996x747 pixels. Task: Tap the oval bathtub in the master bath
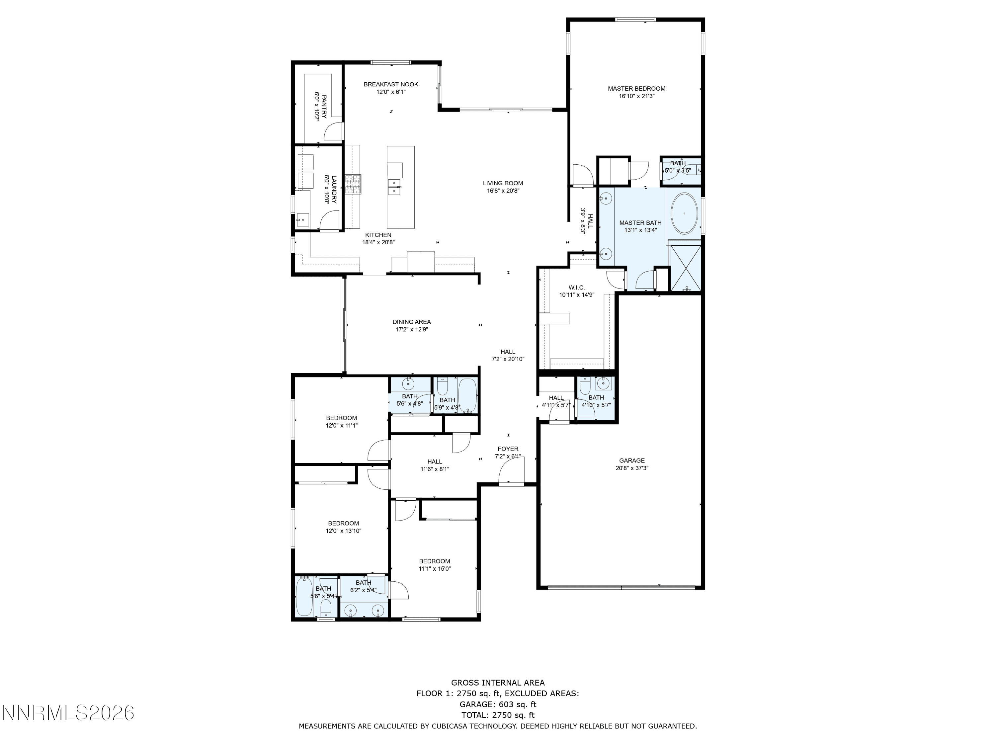point(684,214)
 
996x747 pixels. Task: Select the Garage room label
point(632,460)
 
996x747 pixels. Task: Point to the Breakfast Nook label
point(391,84)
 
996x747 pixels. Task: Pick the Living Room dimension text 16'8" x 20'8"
point(503,191)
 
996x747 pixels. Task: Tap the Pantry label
point(324,107)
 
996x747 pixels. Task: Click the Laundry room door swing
point(329,221)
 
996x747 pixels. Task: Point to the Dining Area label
point(412,322)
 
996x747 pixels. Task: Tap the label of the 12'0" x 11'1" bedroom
point(341,418)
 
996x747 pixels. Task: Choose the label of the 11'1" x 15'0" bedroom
point(435,561)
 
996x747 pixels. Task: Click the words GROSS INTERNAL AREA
point(498,683)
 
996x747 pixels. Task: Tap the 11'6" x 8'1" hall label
point(435,461)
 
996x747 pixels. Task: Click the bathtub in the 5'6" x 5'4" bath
point(304,597)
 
